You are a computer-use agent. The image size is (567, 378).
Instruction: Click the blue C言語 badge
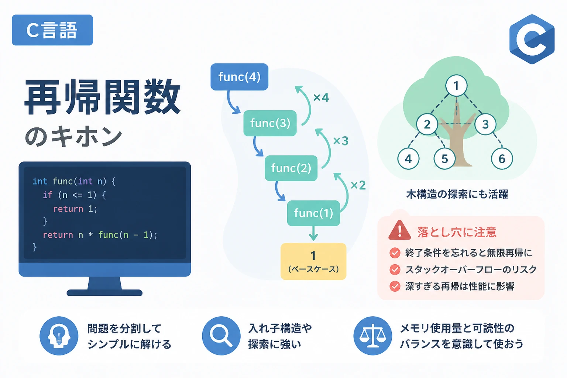coord(52,30)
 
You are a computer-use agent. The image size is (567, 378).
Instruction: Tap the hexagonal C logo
coord(532,39)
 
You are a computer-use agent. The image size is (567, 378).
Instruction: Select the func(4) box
coord(239,77)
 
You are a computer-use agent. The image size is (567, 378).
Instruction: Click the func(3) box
coord(270,123)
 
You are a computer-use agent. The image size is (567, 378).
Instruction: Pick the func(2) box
coord(291,168)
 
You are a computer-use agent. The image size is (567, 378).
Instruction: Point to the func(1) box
coord(313,213)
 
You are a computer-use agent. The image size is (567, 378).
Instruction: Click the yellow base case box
coord(313,261)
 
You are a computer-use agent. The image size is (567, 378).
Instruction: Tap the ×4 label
coord(321,97)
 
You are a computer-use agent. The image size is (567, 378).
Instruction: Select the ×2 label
coord(358,185)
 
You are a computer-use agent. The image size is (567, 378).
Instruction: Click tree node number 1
coord(456,86)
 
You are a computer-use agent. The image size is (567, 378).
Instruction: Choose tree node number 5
coord(444,159)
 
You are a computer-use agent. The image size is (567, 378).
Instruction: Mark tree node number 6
coord(502,159)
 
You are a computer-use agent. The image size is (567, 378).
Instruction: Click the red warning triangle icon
coord(399,230)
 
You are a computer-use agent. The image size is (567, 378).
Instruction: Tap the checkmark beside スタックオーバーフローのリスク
coord(395,269)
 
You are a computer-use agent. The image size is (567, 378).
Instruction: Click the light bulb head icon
coord(59,336)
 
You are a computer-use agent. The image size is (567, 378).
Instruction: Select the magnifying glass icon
coord(221,336)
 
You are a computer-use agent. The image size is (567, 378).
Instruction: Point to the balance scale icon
coord(372,336)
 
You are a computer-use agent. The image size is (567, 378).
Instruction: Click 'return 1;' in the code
coord(75,209)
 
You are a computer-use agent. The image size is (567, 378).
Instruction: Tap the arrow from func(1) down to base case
coord(313,233)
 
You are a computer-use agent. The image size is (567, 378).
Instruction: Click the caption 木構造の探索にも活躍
coord(457,194)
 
